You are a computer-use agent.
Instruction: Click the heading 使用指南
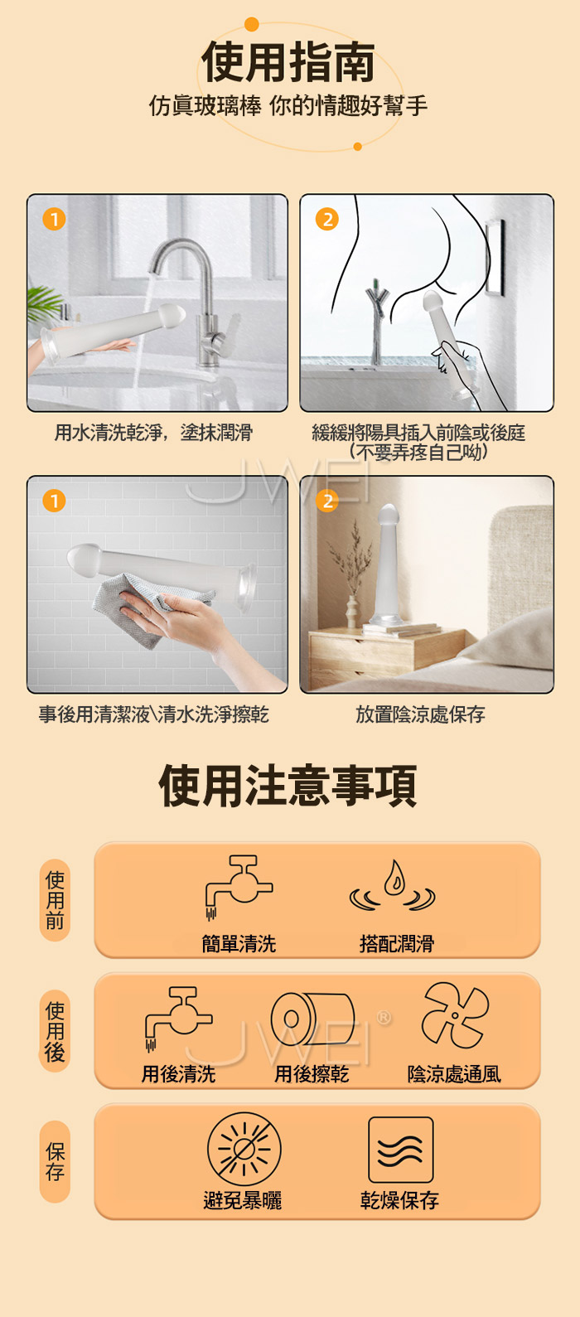click(x=288, y=61)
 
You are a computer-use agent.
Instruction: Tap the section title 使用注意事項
click(x=288, y=786)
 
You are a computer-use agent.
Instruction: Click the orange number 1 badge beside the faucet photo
click(x=54, y=220)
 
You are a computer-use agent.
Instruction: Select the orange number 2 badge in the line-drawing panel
click(x=327, y=220)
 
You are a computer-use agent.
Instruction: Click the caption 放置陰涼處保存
click(x=420, y=714)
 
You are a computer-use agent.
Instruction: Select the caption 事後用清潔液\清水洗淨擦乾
click(x=154, y=714)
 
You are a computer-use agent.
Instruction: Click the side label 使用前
click(x=55, y=900)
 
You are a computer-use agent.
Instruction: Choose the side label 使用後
click(x=55, y=1031)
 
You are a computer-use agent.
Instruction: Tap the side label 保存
click(x=55, y=1161)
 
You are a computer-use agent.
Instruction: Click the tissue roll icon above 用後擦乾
click(x=312, y=1019)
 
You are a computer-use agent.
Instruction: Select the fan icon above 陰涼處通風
click(x=455, y=1014)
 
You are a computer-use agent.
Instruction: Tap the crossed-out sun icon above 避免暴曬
click(x=244, y=1149)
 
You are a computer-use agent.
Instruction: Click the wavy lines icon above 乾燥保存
click(x=401, y=1150)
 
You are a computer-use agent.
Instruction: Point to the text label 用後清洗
click(x=178, y=1075)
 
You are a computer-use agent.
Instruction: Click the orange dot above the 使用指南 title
click(x=252, y=24)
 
